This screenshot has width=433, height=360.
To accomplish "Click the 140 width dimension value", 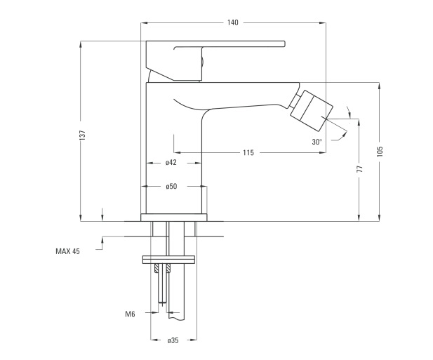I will click(232, 22).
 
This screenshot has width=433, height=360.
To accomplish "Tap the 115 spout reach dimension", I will click(248, 152).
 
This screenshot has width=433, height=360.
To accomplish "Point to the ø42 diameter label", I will click(171, 163).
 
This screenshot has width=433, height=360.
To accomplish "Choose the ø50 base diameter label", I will click(171, 186).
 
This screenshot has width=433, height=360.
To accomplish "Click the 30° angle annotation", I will click(317, 141).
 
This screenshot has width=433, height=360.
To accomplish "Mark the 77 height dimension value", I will click(359, 168).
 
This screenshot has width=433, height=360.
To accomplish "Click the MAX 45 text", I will click(67, 251).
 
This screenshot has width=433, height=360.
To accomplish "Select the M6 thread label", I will click(130, 314).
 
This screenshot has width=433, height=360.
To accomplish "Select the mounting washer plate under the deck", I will click(169, 259).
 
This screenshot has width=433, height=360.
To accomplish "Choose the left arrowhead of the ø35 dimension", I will click(154, 340).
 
